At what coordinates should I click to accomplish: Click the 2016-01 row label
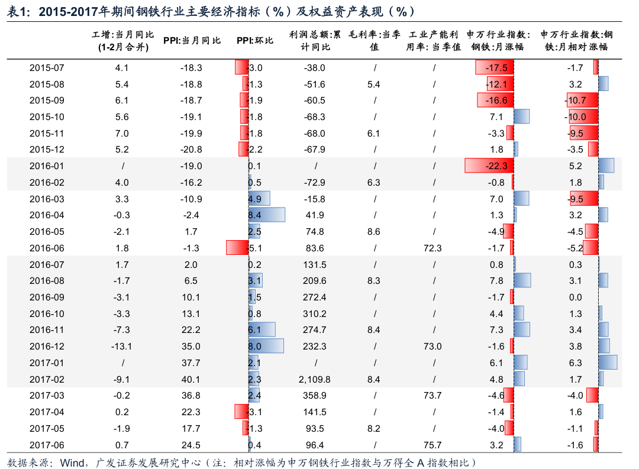[47, 166]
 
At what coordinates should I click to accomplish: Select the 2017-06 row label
[47, 445]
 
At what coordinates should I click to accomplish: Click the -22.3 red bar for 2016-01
[489, 166]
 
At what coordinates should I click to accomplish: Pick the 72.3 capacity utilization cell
[434, 248]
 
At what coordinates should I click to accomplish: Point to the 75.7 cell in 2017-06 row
[434, 445]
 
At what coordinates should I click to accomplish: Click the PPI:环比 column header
[255, 41]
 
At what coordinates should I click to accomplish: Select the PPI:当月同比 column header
[192, 41]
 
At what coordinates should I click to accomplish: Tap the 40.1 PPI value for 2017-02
[191, 379]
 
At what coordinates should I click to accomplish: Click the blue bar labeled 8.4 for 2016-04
[267, 215]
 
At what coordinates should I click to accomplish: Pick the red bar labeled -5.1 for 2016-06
[237, 248]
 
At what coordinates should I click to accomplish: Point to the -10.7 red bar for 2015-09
[582, 101]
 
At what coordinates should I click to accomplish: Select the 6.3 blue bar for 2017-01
[607, 363]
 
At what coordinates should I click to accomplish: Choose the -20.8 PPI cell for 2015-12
[191, 150]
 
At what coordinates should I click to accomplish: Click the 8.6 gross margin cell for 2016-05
[373, 232]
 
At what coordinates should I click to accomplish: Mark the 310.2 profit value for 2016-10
[314, 313]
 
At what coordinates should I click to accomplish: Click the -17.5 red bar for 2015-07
[495, 68]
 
